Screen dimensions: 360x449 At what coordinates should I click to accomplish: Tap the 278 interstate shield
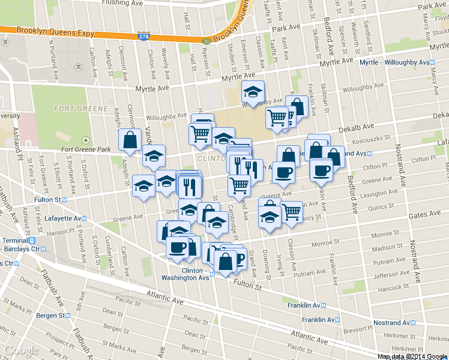144,37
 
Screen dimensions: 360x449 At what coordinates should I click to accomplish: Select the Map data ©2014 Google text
412,356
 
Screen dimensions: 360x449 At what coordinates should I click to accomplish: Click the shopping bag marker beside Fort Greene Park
130,140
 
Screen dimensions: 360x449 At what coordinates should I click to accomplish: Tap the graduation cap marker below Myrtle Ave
253,92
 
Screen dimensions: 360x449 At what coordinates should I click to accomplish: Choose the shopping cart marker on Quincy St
291,211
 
